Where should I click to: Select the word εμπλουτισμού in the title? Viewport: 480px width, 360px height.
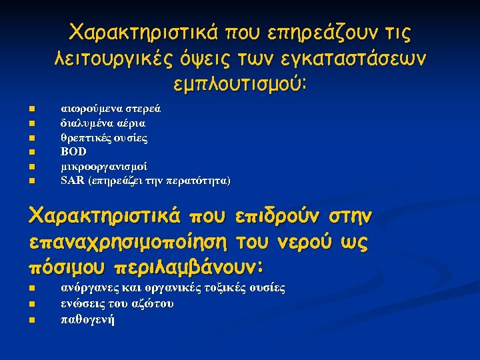237,85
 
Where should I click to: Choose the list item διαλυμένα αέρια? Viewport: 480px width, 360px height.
103,123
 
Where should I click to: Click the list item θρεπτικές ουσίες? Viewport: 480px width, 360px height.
104,138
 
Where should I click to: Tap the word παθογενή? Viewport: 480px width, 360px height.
87,319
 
